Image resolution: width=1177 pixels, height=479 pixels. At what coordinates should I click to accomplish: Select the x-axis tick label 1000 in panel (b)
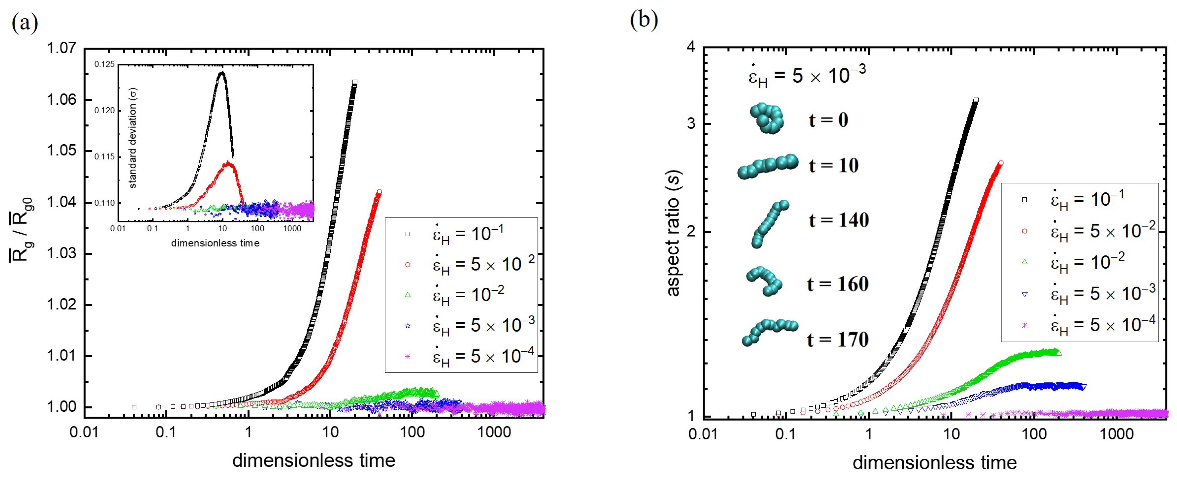pos(1116,434)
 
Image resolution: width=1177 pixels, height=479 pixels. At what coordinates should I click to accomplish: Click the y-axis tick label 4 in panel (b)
pos(691,47)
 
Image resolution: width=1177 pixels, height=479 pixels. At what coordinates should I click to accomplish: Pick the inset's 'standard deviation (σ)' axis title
pos(133,138)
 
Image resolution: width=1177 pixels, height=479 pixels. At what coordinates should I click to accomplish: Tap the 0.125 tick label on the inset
pos(105,65)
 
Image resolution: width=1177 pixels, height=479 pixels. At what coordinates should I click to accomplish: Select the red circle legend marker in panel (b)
pos(1024,231)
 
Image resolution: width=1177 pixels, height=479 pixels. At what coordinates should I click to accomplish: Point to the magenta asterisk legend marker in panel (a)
pos(408,356)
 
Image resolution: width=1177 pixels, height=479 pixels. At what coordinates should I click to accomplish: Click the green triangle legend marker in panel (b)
pos(1024,262)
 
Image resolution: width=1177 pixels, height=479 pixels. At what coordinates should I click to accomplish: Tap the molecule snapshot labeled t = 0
pos(767,118)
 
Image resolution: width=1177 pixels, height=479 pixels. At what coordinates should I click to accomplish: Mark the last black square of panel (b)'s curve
pos(976,100)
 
